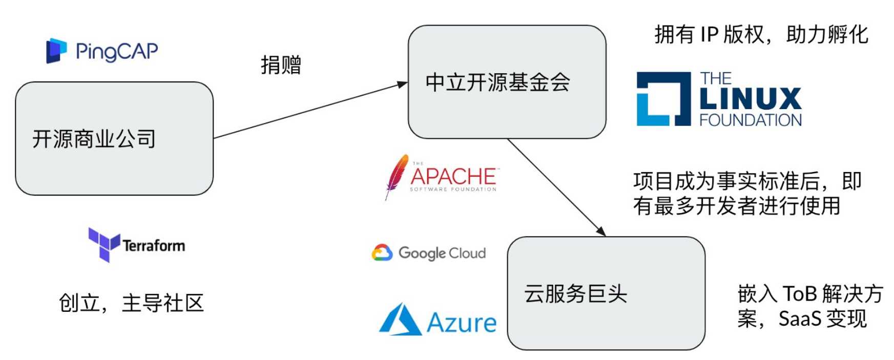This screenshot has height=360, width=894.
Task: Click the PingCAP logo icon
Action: point(56,51)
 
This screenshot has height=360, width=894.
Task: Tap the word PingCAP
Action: point(117,51)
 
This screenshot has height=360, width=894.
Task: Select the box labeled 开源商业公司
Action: point(114,138)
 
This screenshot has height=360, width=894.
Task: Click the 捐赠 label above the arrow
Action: point(281,65)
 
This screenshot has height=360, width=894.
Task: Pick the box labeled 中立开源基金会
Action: point(507,82)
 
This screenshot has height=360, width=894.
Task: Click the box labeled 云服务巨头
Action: point(606,293)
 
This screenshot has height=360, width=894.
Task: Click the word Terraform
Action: point(154,246)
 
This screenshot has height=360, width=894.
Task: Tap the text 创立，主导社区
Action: point(131,303)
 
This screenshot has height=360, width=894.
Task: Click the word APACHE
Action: point(453,177)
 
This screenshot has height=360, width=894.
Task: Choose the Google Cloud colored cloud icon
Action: point(382,253)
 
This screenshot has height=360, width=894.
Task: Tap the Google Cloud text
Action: point(442,253)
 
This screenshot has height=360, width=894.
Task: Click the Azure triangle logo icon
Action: point(400,320)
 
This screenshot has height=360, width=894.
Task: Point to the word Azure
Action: point(462,323)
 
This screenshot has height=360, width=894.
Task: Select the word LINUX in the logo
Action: point(750,99)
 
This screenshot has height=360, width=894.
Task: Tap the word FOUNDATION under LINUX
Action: point(751,120)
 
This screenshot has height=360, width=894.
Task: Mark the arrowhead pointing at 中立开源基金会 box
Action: point(403,84)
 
